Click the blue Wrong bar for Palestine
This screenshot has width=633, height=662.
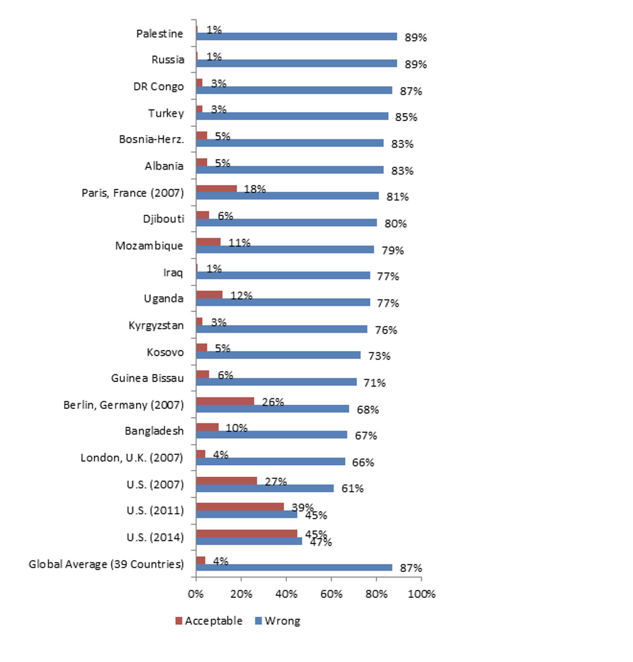pyautogui.click(x=296, y=36)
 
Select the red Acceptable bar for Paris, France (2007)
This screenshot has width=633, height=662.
pyautogui.click(x=216, y=189)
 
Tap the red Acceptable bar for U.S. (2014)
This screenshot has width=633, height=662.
pyautogui.click(x=246, y=533)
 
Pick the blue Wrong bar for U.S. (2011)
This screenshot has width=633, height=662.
pyautogui.click(x=246, y=514)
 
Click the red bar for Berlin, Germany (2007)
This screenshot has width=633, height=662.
pyautogui.click(x=225, y=401)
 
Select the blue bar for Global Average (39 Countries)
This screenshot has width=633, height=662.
pyautogui.click(x=294, y=567)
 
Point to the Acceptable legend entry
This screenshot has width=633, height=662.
pyautogui.click(x=209, y=621)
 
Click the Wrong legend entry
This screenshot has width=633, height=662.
pyautogui.click(x=278, y=621)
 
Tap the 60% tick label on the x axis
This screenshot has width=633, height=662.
pyautogui.click(x=331, y=594)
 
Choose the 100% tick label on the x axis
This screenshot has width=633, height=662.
pyautogui.click(x=422, y=594)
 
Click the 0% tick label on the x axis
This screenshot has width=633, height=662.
pyautogui.click(x=196, y=594)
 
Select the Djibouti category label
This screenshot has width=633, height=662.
pyautogui.click(x=164, y=219)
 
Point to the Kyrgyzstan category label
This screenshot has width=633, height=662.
pyautogui.click(x=156, y=325)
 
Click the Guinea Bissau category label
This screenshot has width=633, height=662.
pyautogui.click(x=147, y=378)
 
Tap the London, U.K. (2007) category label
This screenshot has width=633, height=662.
pyautogui.click(x=132, y=458)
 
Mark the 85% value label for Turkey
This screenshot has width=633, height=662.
pyautogui.click(x=406, y=117)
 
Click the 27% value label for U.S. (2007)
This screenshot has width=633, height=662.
pyautogui.click(x=276, y=481)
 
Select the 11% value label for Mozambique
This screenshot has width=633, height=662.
pyautogui.click(x=239, y=243)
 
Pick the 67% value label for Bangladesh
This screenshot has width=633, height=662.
pyautogui.click(x=366, y=436)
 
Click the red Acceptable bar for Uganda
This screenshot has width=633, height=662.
pyautogui.click(x=209, y=295)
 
